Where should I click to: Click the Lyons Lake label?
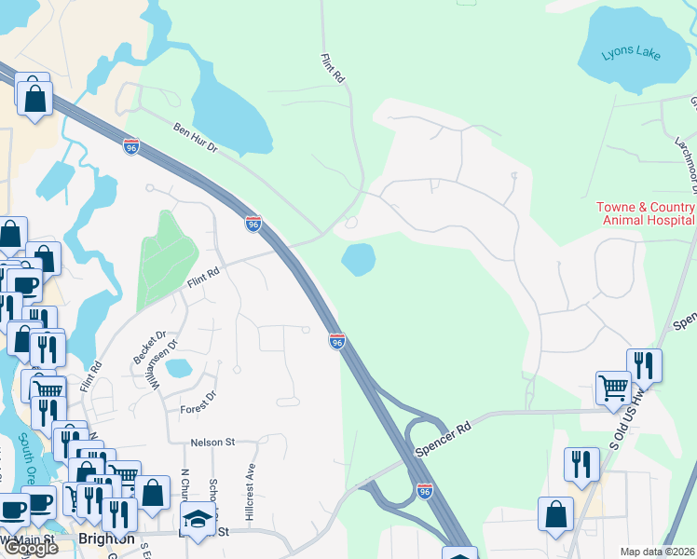(631, 55)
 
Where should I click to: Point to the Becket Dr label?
(149, 347)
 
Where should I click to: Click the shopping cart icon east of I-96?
(613, 387)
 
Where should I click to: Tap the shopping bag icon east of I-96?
(555, 513)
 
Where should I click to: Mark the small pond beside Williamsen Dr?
(178, 367)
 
